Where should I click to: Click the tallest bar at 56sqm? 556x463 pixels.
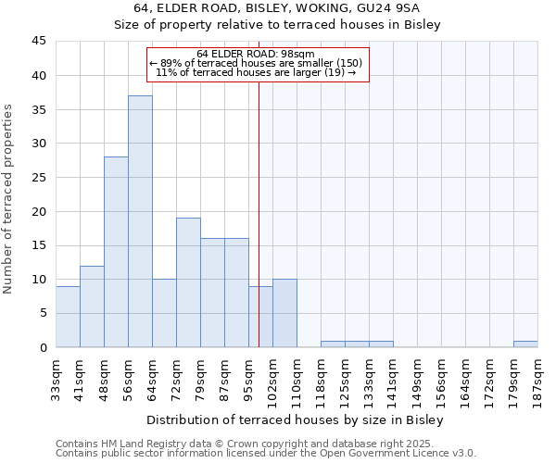click(x=140, y=221)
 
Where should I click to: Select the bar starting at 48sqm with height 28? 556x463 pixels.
click(x=116, y=252)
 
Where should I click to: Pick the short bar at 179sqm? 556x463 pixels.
click(x=525, y=344)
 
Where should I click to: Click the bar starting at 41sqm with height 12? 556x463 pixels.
click(x=92, y=307)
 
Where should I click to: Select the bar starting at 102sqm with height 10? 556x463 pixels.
click(x=284, y=313)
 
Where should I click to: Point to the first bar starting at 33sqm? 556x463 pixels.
click(x=68, y=317)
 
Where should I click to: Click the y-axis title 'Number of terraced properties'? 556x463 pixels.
click(x=9, y=199)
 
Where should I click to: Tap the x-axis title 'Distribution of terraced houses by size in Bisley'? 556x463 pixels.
click(x=296, y=419)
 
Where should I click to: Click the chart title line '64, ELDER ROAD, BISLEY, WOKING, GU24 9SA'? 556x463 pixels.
click(x=277, y=8)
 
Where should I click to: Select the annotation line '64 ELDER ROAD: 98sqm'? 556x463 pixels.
click(x=257, y=54)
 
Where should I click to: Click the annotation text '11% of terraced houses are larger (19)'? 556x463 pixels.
click(x=256, y=72)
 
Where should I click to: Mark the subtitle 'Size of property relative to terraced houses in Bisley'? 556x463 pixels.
click(x=277, y=25)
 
